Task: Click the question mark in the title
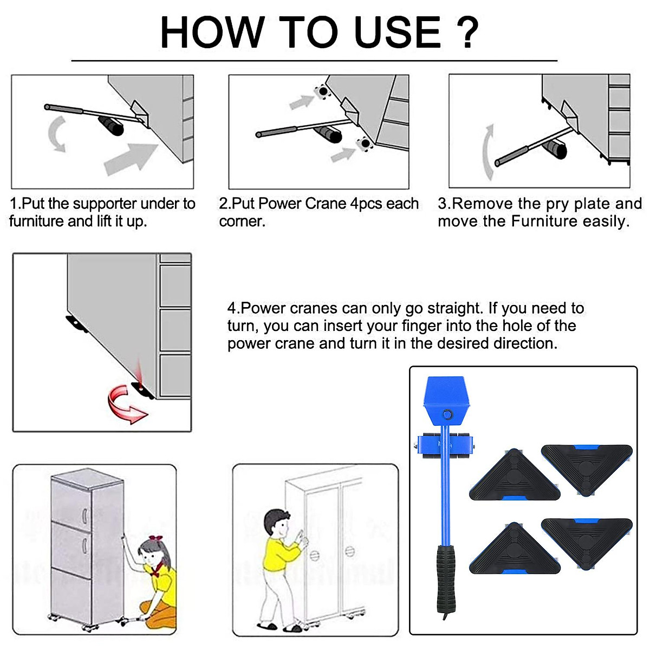click(467, 32)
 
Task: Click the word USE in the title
click(398, 32)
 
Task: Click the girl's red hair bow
click(156, 538)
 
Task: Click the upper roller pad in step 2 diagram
click(322, 91)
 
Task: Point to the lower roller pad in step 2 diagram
click(365, 144)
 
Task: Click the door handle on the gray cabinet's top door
click(85, 516)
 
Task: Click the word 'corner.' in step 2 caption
click(242, 222)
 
